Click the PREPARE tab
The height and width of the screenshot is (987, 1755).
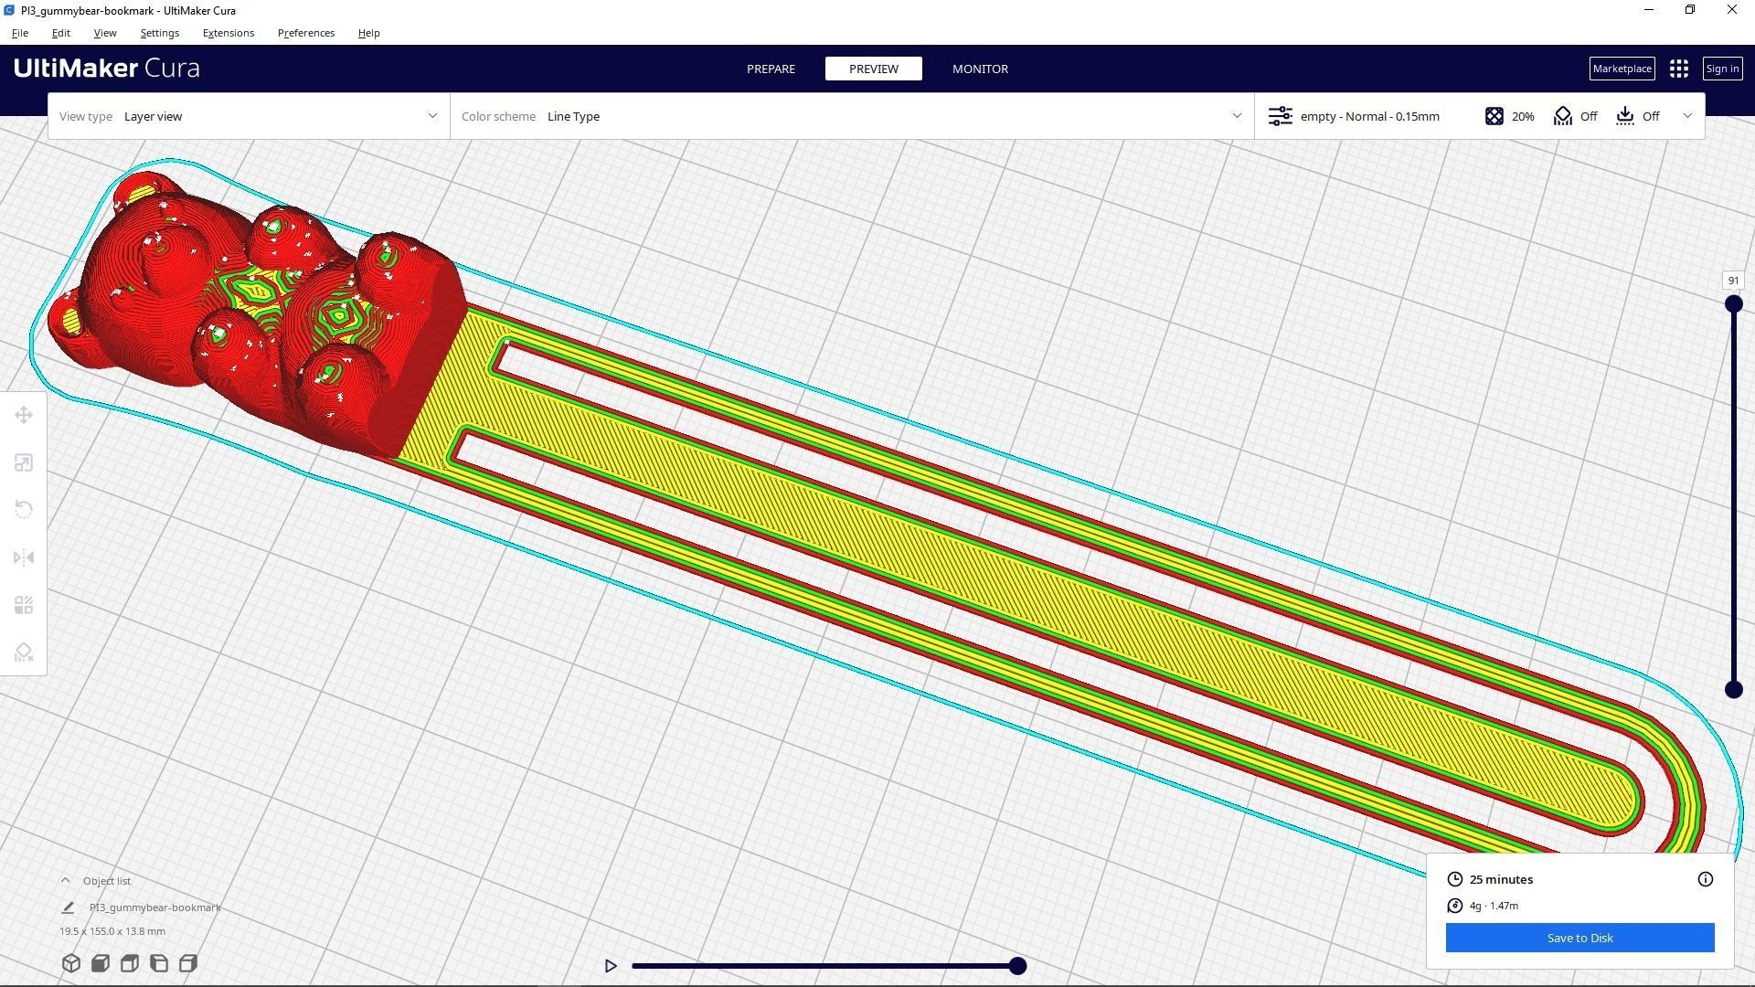pos(771,69)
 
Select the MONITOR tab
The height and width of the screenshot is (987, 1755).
pos(980,69)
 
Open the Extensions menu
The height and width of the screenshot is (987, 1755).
pos(229,33)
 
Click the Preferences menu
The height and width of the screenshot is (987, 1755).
pos(306,33)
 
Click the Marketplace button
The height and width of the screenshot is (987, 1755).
pos(1622,69)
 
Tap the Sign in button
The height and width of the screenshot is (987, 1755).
pos(1722,69)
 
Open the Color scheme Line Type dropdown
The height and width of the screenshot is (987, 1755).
pos(851,116)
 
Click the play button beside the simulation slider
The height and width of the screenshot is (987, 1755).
pos(611,966)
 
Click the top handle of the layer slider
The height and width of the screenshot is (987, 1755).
pos(1733,304)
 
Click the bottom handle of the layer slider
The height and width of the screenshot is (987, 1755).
pos(1733,690)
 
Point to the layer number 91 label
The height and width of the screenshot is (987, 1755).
pos(1733,281)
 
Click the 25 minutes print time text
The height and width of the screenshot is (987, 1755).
pos(1501,879)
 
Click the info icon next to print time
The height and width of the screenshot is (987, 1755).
pos(1705,879)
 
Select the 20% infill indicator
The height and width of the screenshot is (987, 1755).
pos(1510,116)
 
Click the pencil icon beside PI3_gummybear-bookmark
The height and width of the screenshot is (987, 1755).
pos(68,907)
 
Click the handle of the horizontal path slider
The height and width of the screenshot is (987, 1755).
pos(1017,966)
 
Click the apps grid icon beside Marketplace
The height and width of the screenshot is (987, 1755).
pos(1678,69)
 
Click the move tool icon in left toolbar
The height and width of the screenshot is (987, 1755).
pos(24,416)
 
